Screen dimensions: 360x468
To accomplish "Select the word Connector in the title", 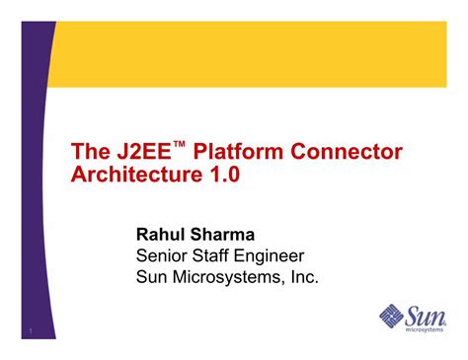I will coord(347,153).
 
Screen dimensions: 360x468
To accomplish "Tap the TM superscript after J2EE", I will coord(180,145).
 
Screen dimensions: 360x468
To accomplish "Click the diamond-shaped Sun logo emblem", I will coord(393,317).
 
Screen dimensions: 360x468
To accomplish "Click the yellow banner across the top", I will coord(257,54).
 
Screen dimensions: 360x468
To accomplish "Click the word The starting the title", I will coord(91,153).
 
